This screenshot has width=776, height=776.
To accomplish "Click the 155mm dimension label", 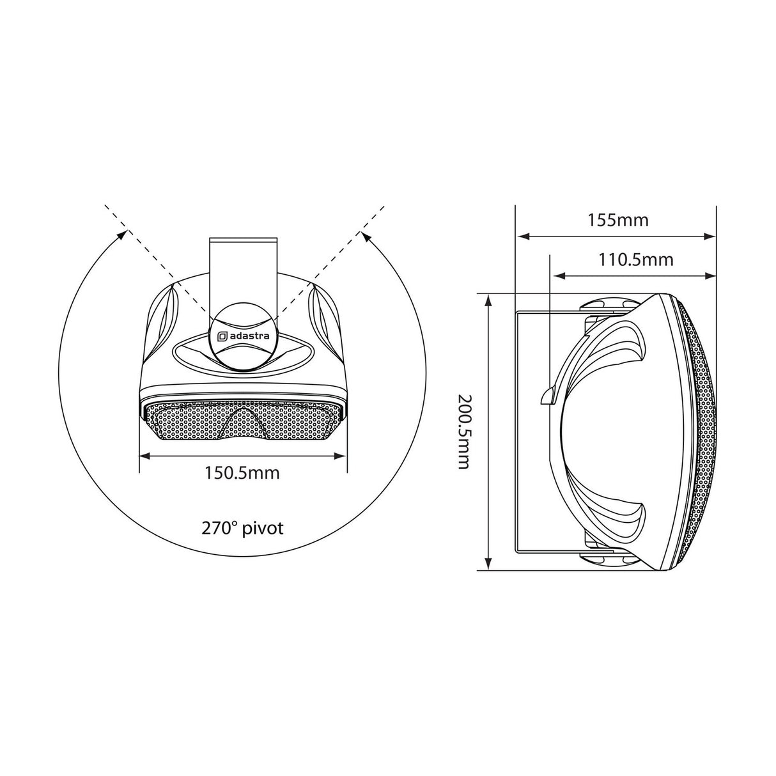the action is coord(618,221).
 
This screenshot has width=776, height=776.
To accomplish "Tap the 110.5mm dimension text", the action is coord(635,260).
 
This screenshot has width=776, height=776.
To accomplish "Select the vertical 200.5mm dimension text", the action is coord(464,431).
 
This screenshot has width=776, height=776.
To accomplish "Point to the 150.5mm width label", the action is coord(242,473).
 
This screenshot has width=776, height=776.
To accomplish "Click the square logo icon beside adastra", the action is coord(222,336).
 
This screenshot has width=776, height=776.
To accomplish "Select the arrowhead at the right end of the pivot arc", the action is coord(367,238).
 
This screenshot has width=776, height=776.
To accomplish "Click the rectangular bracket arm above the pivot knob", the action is coord(244,274).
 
